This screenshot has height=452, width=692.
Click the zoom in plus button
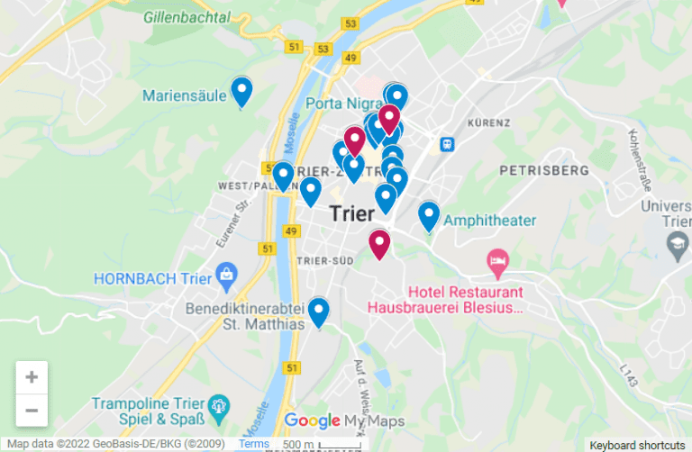(x=32, y=377)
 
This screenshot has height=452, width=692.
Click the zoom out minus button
(x=32, y=411)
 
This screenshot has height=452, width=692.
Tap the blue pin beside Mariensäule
(x=241, y=91)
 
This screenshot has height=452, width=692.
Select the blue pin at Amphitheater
(x=429, y=215)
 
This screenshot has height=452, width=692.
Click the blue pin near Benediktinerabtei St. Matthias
(x=318, y=312)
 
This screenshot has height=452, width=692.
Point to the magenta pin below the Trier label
(x=379, y=243)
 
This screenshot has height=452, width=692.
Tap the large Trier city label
(x=352, y=213)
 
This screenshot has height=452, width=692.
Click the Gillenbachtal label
(x=187, y=17)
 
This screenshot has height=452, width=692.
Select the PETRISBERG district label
(x=544, y=169)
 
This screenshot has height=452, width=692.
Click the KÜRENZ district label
(x=489, y=122)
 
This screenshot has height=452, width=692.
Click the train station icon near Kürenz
(x=446, y=144)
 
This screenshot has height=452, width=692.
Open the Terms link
(x=254, y=444)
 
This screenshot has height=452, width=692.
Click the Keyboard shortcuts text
(x=637, y=445)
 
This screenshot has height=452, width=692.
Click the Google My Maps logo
(x=344, y=420)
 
